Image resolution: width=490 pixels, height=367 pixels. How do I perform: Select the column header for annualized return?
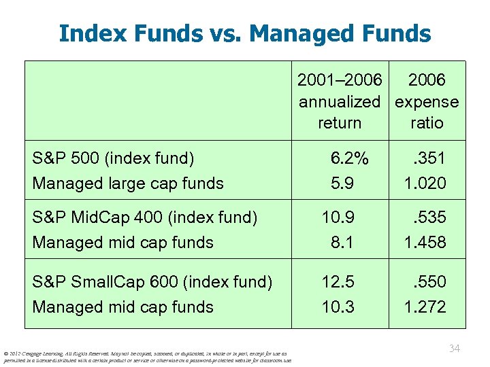(340, 101)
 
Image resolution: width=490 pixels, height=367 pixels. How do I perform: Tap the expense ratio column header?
(427, 101)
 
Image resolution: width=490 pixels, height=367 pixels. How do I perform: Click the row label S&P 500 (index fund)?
(113, 158)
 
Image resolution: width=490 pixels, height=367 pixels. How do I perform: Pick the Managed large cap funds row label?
(128, 183)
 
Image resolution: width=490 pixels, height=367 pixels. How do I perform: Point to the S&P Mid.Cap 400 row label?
(145, 217)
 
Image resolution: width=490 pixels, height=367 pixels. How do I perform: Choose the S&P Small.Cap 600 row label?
(152, 281)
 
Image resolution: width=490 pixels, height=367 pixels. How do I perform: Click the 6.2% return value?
(349, 158)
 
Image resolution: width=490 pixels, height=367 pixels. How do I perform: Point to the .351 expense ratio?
(428, 158)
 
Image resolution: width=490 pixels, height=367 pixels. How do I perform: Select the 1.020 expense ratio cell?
(425, 183)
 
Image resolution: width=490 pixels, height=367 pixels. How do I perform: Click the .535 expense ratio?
(428, 217)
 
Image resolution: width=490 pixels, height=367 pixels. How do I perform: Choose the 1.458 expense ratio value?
(425, 242)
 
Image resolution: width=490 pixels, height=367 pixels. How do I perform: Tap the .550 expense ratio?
(428, 281)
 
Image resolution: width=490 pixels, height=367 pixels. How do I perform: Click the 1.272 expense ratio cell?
(425, 307)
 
